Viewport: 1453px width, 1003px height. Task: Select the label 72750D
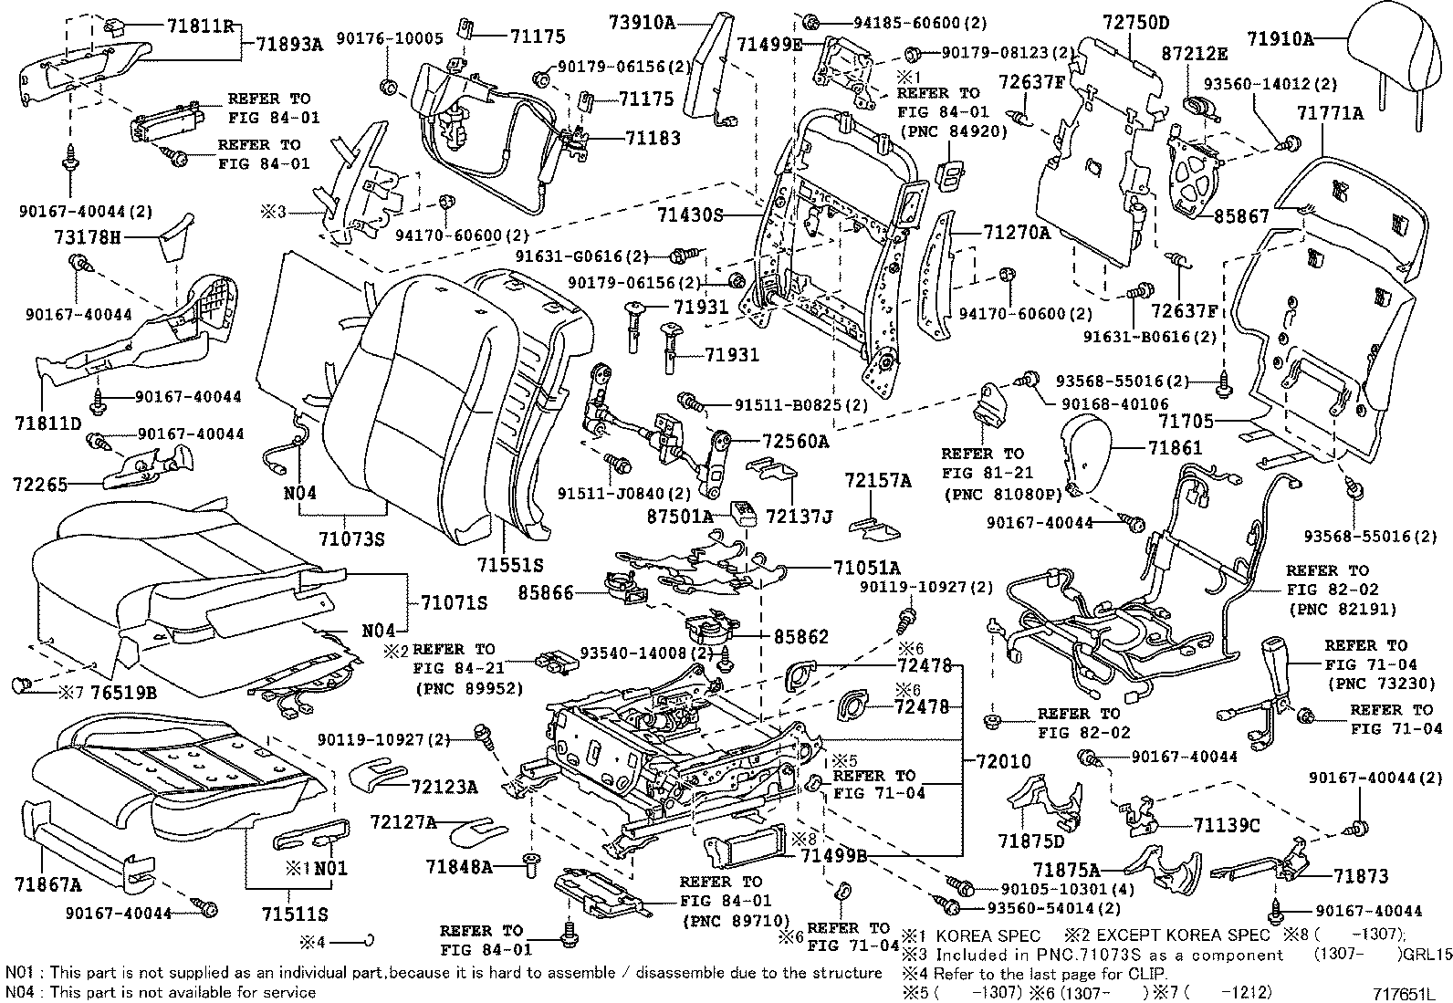1135,22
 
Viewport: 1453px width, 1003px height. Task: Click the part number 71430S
689,215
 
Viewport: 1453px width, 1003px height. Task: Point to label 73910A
643,23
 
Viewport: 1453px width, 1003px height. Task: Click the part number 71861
1176,448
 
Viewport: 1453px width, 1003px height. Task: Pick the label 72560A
796,442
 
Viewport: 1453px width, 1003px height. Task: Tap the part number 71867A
47,884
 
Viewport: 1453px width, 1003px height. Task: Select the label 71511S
294,914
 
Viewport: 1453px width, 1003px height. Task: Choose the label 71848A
459,866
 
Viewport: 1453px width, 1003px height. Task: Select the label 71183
653,137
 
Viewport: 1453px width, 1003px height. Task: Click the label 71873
1360,876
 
